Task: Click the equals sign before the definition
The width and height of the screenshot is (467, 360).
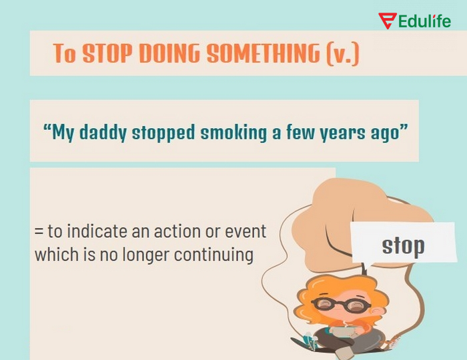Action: tap(39, 233)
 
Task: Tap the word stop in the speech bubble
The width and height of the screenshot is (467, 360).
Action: tap(403, 245)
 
